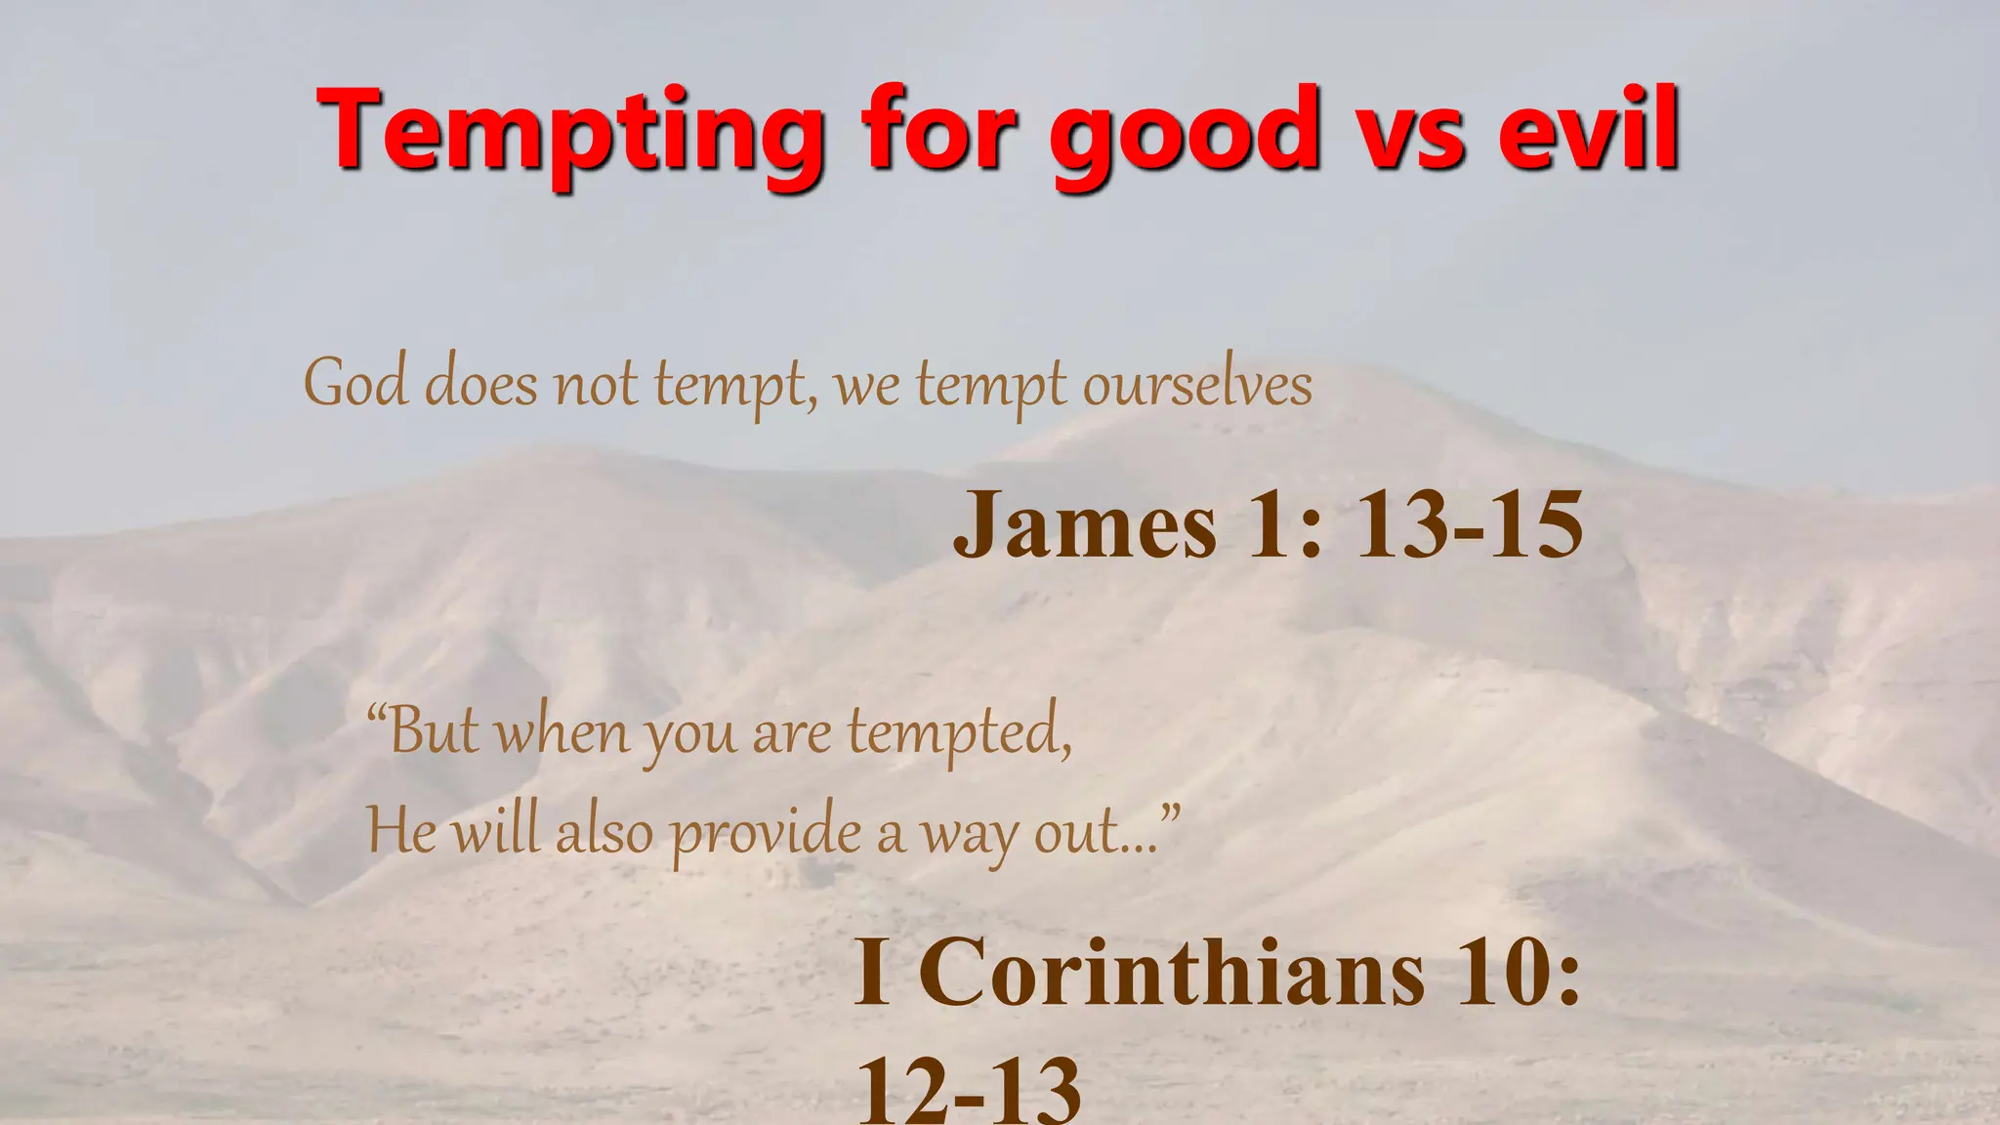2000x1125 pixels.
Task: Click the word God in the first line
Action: [x=355, y=383]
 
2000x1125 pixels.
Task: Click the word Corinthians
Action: [x=1172, y=973]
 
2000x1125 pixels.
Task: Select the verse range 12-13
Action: [x=969, y=1089]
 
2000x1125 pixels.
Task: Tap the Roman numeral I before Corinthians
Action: [x=872, y=973]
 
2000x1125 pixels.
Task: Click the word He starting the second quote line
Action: [x=400, y=832]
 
